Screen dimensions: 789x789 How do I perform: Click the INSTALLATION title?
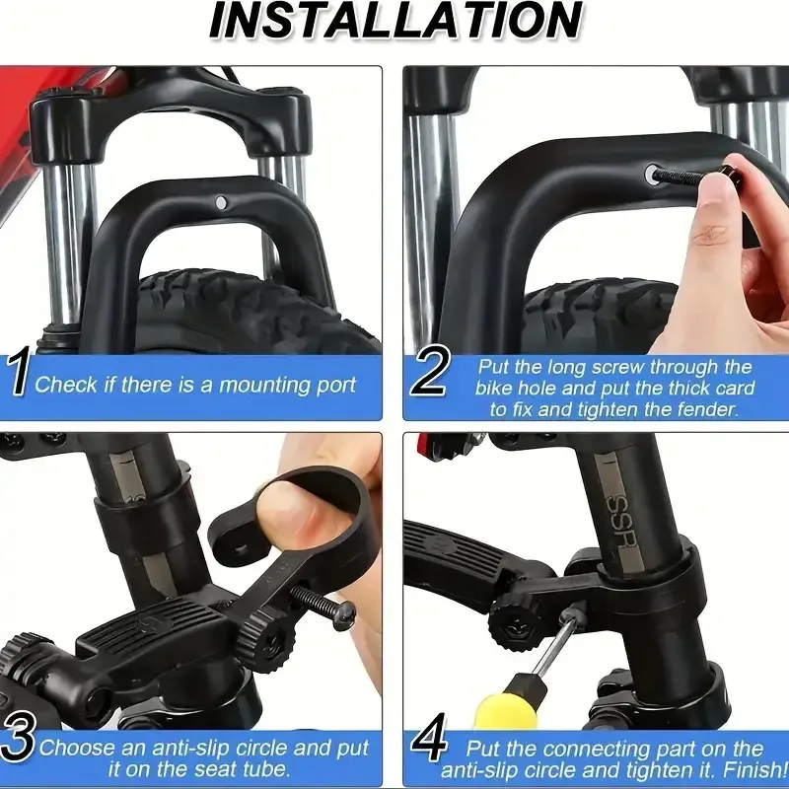pyautogui.click(x=395, y=21)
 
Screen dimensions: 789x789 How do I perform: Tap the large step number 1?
pyautogui.click(x=18, y=374)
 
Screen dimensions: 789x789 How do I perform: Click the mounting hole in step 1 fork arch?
pyautogui.click(x=220, y=203)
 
